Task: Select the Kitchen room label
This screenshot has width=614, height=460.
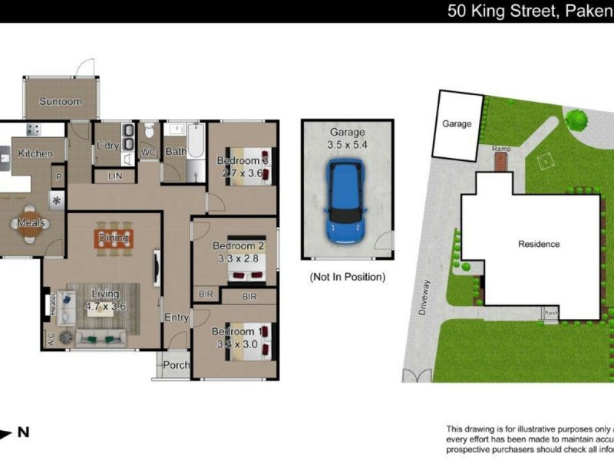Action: (x=35, y=153)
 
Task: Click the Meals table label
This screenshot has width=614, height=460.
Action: (x=33, y=223)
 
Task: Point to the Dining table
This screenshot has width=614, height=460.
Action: (x=114, y=237)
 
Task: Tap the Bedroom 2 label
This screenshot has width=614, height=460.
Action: (x=238, y=246)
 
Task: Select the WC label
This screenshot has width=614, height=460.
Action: (x=148, y=153)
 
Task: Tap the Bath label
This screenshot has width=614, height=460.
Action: (x=176, y=153)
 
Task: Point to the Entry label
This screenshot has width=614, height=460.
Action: (x=176, y=317)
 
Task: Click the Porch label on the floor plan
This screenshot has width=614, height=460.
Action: (x=176, y=366)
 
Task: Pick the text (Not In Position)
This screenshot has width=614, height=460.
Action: (x=347, y=277)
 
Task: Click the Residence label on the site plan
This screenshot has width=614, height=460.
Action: (x=539, y=245)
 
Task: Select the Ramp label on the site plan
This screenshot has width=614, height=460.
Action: (x=501, y=148)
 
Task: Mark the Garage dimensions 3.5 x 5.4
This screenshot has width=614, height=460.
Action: (x=348, y=143)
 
